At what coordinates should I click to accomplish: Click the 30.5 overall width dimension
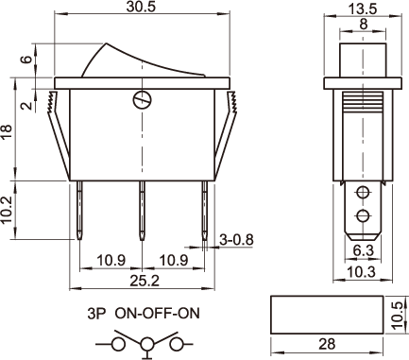pyautogui.click(x=141, y=7)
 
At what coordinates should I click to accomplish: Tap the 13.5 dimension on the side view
pyautogui.click(x=363, y=9)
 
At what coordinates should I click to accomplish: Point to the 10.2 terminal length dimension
pyautogui.click(x=7, y=210)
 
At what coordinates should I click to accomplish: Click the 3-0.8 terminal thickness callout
pyautogui.click(x=236, y=240)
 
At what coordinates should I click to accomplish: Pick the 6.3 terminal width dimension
pyautogui.click(x=364, y=250)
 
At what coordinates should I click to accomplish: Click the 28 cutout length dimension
pyautogui.click(x=327, y=344)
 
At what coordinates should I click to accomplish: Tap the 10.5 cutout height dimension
pyautogui.click(x=398, y=315)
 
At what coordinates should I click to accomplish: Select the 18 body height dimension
pyautogui.click(x=7, y=132)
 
